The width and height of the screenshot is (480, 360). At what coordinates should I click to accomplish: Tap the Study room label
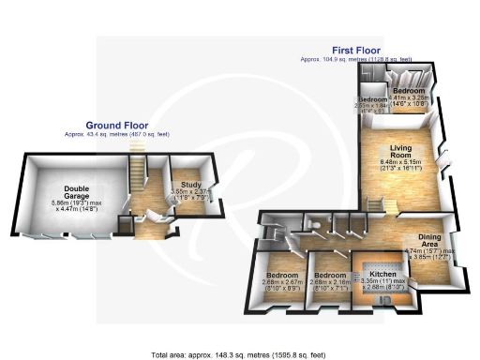(179, 185)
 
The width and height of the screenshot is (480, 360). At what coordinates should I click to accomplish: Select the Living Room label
(397, 151)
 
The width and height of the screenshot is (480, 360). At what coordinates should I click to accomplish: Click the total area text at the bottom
(238, 354)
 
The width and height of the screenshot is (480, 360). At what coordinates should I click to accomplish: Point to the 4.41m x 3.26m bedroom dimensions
(409, 97)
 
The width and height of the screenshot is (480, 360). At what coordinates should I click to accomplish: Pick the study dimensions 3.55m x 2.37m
(179, 194)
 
